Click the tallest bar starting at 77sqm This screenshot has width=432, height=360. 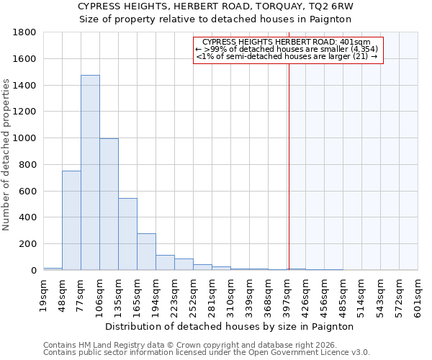pos(90,173)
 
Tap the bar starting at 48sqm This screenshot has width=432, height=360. pos(71,220)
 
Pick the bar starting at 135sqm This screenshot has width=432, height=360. pos(127,234)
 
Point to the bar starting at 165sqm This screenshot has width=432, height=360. pos(146,251)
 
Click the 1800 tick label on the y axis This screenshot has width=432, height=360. pos(25,32)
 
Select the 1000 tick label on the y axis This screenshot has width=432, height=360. pos(25,138)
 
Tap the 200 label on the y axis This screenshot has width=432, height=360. pos(28,244)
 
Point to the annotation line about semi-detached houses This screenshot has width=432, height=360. pos(287,56)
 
